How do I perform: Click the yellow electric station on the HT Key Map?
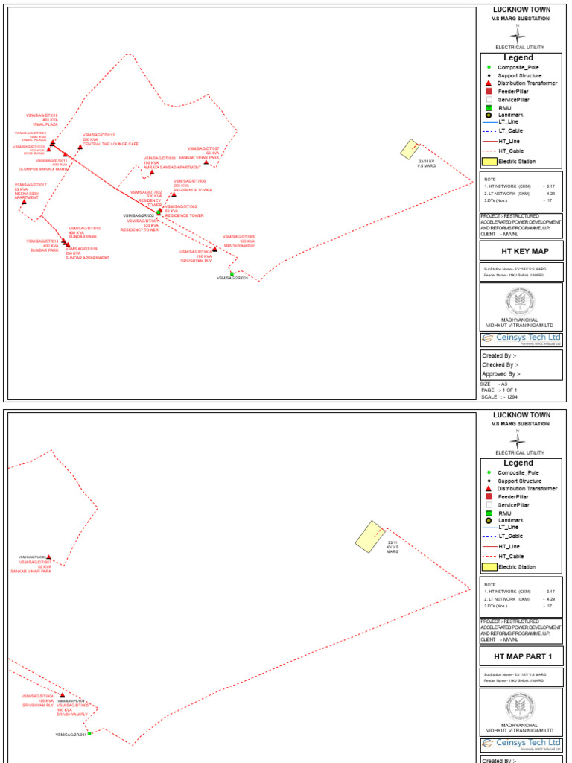pyautogui.click(x=410, y=149)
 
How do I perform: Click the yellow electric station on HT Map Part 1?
pyautogui.click(x=369, y=536)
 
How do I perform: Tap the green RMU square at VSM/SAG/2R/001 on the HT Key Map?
pyautogui.click(x=232, y=273)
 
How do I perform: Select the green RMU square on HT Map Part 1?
pyautogui.click(x=89, y=733)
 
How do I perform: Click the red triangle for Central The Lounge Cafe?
pyautogui.click(x=80, y=147)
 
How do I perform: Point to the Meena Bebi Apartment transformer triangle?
pyautogui.click(x=25, y=201)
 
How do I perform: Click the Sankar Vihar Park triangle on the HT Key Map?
pyautogui.click(x=206, y=162)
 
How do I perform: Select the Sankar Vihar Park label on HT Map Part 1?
pyautogui.click(x=31, y=571)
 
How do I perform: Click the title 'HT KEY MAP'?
pyautogui.click(x=521, y=252)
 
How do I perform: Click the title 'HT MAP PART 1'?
pyautogui.click(x=521, y=657)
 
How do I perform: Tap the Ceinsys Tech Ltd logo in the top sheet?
pyautogui.click(x=521, y=338)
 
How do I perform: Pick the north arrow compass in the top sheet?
pyautogui.click(x=519, y=35)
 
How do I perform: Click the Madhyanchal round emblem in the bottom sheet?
pyautogui.click(x=520, y=706)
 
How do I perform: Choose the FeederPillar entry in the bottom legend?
pyautogui.click(x=512, y=496)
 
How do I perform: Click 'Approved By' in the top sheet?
pyautogui.click(x=501, y=374)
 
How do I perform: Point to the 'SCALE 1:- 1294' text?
pyautogui.click(x=500, y=397)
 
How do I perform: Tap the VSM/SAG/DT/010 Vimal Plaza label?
pyautogui.click(x=42, y=120)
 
